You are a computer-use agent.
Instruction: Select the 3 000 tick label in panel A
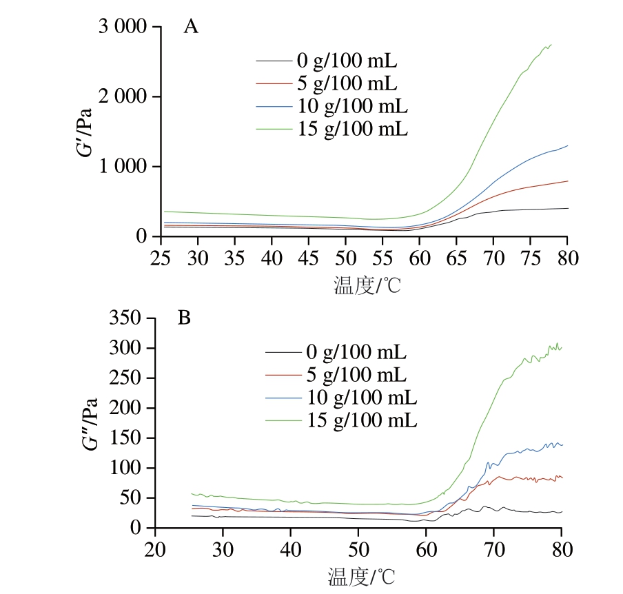pyautogui.click(x=123, y=28)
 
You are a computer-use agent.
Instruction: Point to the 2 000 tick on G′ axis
pyautogui.click(x=123, y=97)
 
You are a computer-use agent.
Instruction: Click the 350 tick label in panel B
pyautogui.click(x=130, y=319)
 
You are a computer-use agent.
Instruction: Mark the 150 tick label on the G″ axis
pyautogui.click(x=130, y=438)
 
